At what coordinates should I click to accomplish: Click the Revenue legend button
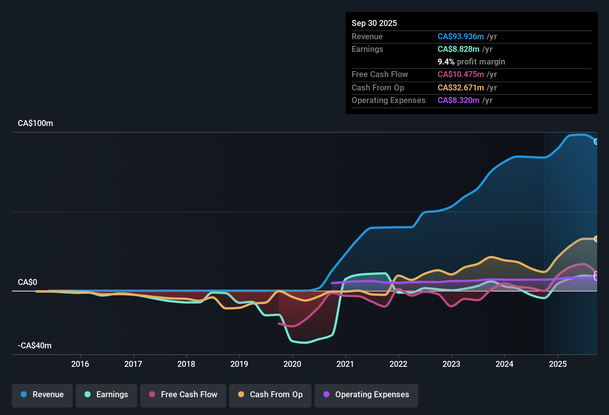pos(42,395)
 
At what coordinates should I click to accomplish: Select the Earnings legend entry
pos(106,395)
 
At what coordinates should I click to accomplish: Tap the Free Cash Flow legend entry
pos(183,395)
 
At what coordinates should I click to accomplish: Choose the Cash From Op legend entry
pos(270,395)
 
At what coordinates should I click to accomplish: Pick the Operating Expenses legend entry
pos(366,395)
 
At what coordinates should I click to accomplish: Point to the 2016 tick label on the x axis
pos(80,364)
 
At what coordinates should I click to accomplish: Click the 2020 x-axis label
pos(292,364)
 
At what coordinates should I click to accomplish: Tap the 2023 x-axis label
pos(451,364)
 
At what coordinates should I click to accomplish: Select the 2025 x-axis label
pos(558,364)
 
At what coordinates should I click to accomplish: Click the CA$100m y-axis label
pos(35,123)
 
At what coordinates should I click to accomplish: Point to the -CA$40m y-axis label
pos(34,346)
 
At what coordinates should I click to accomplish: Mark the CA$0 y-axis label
pos(27,282)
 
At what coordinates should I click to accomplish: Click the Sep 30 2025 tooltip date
pos(374,23)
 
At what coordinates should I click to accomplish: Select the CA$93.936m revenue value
pos(461,37)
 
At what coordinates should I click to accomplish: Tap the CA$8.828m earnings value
pos(458,49)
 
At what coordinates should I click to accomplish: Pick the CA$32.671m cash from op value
pos(461,88)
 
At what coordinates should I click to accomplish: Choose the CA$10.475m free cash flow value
pos(461,74)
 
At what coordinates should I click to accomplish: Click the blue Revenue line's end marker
pos(596,142)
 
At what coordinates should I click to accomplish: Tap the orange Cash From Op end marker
pos(596,239)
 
